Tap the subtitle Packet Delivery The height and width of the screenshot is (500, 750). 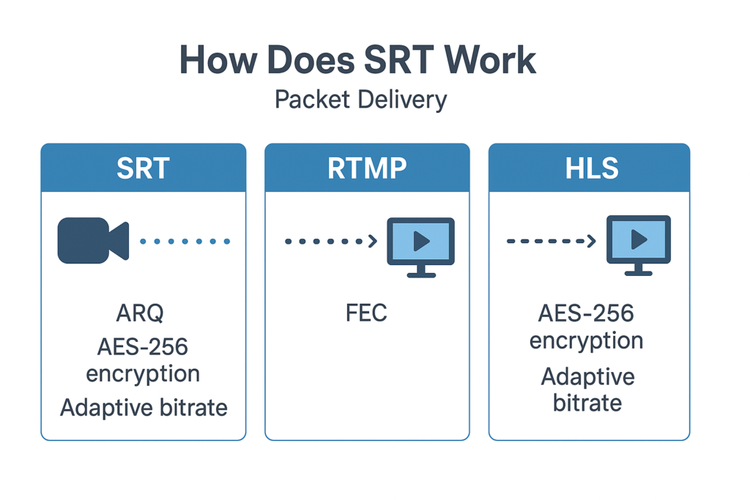pos(360,99)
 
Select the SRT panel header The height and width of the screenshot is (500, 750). pos(143,168)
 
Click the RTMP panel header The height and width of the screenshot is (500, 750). pos(366,168)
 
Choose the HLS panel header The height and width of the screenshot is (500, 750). pos(589,168)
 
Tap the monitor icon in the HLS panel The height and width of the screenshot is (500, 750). pos(639,245)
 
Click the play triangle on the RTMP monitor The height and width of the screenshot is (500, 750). pos(422,240)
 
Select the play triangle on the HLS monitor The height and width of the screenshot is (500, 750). pos(639,239)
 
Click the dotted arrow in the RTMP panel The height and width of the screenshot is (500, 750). pos(331,241)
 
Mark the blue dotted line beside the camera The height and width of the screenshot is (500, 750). pos(185,241)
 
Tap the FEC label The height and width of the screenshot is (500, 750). pos(366,313)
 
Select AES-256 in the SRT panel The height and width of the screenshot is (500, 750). pos(143,346)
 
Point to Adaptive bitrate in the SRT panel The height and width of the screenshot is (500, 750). pos(144,407)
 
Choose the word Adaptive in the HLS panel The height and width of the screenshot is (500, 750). pos(587,377)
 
